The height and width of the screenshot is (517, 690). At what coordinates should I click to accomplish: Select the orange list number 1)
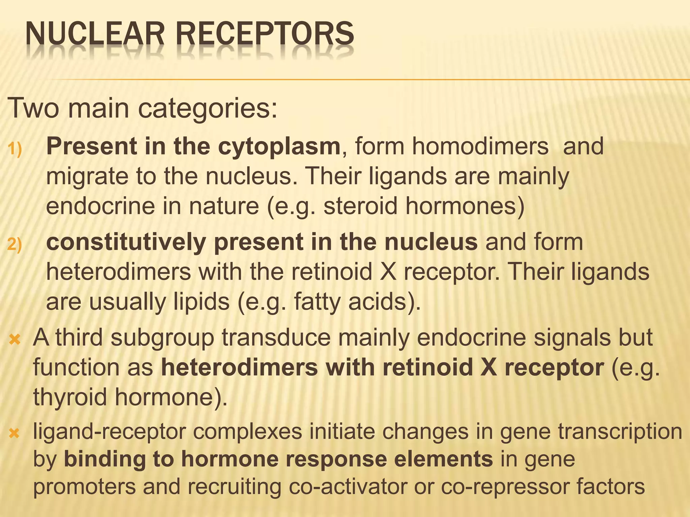click(14, 148)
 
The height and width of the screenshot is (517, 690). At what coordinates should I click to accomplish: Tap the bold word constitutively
click(126, 242)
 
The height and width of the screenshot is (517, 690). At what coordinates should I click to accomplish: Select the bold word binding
click(104, 460)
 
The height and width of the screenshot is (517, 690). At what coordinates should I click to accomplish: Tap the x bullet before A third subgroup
click(14, 339)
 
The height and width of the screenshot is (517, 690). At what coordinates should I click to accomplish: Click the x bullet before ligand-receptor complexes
click(14, 433)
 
